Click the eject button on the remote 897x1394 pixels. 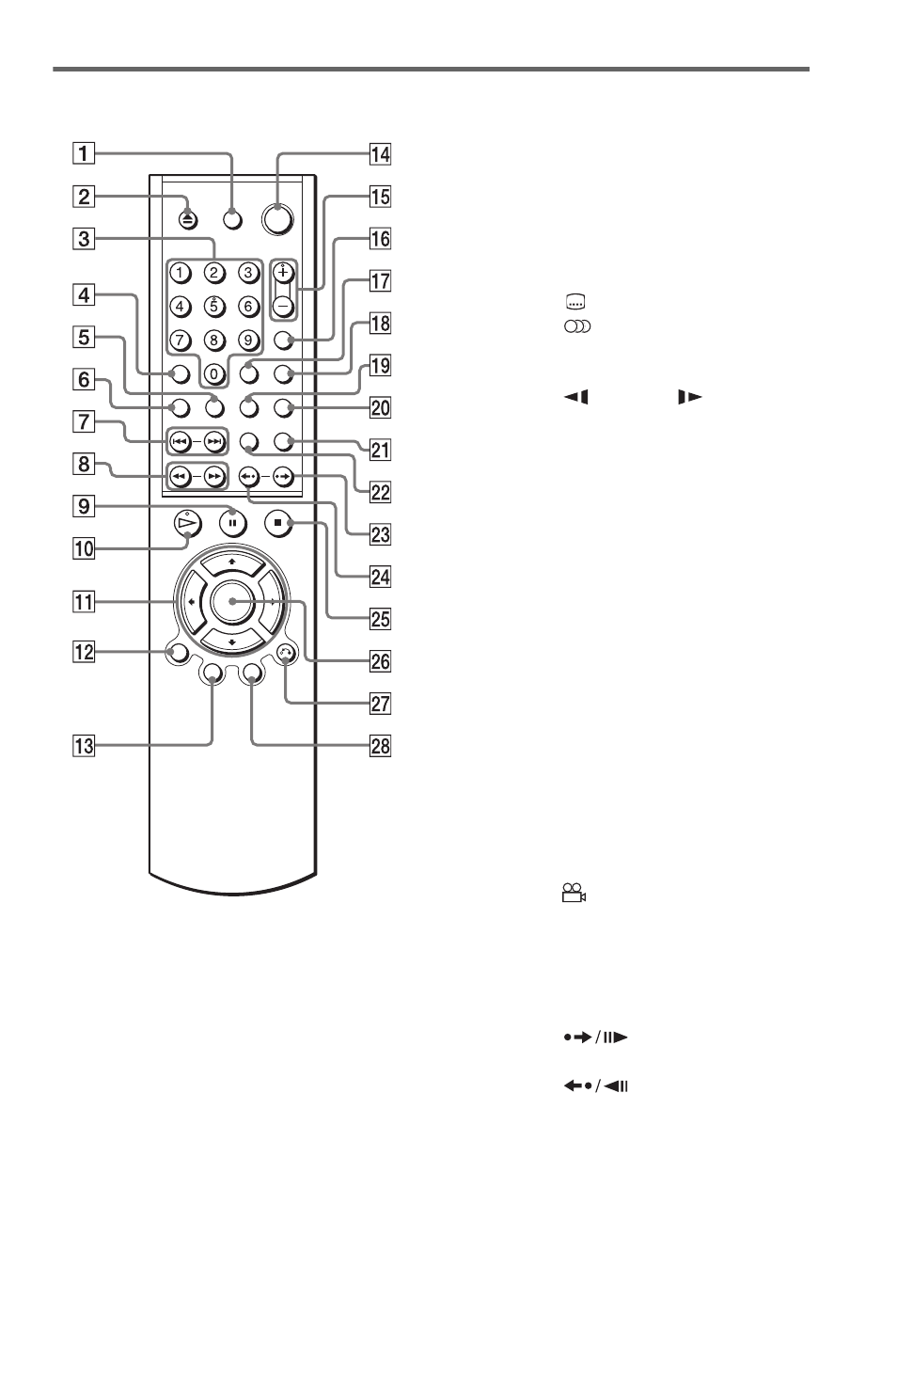188,219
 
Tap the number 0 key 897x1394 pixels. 214,374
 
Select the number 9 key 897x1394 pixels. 248,340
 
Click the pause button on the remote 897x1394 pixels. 232,523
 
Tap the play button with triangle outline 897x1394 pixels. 188,523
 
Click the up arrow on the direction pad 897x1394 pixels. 232,562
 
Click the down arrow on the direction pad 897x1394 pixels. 232,641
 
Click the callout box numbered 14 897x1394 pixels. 381,153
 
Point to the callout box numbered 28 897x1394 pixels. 381,746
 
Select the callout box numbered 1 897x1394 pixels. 84,153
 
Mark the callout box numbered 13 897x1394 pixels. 84,746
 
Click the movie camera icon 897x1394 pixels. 574,893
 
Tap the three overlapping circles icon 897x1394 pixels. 577,326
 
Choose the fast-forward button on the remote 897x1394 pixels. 214,477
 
